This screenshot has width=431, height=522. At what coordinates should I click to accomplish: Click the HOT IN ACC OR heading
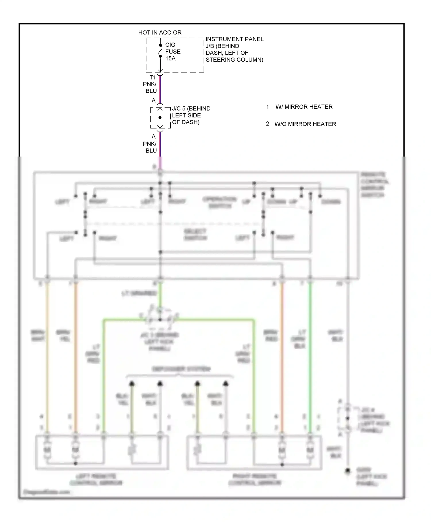160,33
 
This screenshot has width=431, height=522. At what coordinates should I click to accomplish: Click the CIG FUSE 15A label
173,52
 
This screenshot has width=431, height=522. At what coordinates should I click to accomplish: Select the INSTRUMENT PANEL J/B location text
234,49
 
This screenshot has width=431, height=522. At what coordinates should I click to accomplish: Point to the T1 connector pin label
153,77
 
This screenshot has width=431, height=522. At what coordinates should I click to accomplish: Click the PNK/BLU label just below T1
150,87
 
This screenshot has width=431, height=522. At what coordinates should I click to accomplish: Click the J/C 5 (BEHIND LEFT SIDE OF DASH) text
191,115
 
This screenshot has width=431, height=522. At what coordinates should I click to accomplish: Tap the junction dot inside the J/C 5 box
160,118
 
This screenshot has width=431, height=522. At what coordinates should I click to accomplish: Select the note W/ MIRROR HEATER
304,107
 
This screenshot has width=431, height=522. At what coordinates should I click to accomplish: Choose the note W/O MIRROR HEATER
305,124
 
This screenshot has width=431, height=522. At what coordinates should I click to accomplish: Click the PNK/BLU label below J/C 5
150,147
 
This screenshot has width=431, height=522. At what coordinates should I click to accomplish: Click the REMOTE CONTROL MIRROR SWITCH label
374,185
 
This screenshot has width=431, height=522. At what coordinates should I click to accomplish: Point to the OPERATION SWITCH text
220,202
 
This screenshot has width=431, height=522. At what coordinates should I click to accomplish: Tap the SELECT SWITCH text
195,235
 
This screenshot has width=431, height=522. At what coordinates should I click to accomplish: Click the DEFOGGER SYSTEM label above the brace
181,369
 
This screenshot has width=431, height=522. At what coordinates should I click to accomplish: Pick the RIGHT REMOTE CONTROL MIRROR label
255,480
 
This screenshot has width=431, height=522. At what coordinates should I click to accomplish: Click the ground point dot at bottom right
348,471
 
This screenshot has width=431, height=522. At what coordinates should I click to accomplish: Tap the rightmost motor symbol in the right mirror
310,449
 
